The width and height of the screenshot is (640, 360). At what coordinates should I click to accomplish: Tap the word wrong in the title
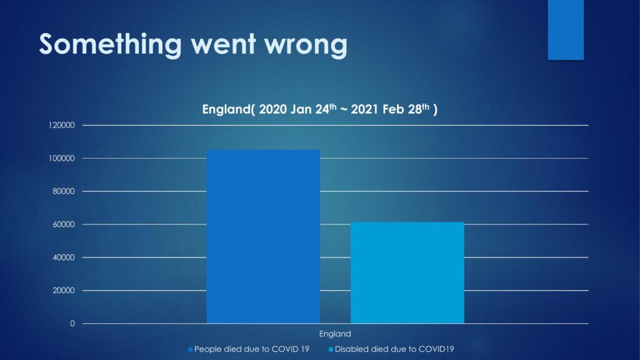pos(306,46)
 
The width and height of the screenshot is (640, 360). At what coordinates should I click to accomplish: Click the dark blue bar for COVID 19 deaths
pos(263,236)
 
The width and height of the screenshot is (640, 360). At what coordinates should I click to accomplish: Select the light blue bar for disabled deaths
pos(407,272)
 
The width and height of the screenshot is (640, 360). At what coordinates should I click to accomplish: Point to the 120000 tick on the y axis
pos(62,125)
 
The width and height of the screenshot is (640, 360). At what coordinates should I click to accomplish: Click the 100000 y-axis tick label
pos(62,158)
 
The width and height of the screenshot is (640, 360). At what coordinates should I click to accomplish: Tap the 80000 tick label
pos(64,191)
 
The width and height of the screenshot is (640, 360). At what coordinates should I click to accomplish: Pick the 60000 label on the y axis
pos(64,224)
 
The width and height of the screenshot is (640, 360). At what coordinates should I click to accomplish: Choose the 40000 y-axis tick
pos(64,257)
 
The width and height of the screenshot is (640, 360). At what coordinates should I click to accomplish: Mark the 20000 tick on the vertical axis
pos(64,291)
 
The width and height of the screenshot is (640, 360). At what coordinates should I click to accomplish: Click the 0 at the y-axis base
pos(72,324)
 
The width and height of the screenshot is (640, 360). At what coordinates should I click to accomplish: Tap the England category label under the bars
pos(335,334)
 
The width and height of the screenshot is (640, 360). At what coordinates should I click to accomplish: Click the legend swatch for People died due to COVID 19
pos(190,349)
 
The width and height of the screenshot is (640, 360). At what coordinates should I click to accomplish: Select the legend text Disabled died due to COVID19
pos(394,349)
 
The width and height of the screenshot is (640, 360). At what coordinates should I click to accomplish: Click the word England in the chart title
pos(226,109)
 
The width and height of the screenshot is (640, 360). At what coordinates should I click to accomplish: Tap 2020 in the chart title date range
pos(272,109)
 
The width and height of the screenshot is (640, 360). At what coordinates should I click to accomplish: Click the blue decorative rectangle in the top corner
pos(566,30)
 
